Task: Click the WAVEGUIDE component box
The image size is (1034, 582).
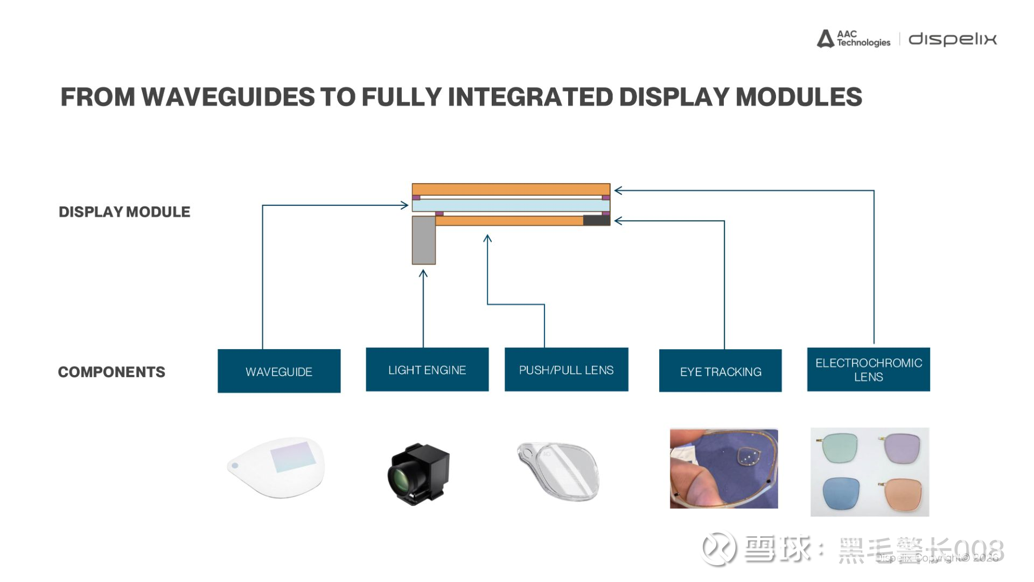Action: point(279,371)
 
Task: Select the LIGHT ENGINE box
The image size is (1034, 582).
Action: point(427,370)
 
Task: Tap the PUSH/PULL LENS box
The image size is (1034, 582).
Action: point(566,370)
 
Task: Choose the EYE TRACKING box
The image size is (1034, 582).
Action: point(720,371)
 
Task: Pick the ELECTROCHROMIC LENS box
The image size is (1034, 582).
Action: point(868,370)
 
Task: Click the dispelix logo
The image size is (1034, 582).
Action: point(952,39)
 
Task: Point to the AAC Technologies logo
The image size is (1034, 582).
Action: point(854,39)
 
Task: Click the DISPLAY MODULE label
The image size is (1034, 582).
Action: point(124,212)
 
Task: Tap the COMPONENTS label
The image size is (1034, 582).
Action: point(111,372)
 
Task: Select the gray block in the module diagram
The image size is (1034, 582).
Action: point(424,240)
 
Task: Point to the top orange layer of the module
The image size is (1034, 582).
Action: point(511,189)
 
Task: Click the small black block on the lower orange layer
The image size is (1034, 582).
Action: point(596,220)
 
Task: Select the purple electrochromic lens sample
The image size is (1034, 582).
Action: point(899,448)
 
